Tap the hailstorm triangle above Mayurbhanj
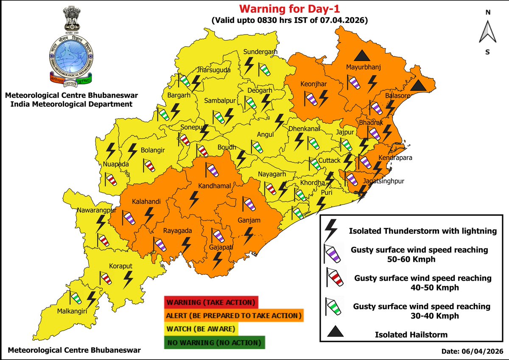click(x=361, y=55)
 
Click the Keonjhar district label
click(x=313, y=84)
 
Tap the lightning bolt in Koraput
click(x=127, y=279)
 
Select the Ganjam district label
click(x=249, y=220)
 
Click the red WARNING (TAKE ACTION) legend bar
click(x=210, y=303)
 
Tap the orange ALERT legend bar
click(x=234, y=316)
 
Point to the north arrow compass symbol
click(x=488, y=34)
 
